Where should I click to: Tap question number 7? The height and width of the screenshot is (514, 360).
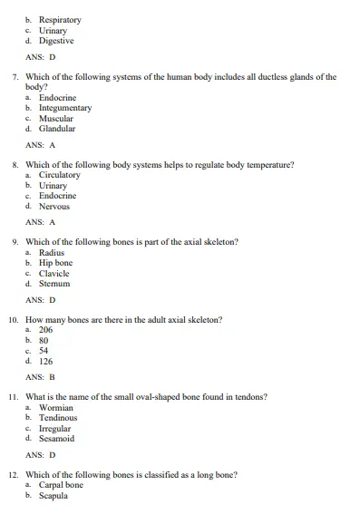click(16, 77)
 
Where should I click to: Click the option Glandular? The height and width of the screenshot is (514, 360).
click(56, 129)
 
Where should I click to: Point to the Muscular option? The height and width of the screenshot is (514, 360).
click(55, 119)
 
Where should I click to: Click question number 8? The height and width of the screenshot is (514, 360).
click(16, 165)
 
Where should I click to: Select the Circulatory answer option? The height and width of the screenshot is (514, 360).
click(59, 175)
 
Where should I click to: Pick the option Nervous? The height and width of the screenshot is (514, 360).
click(54, 206)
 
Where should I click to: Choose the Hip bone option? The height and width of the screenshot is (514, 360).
click(55, 263)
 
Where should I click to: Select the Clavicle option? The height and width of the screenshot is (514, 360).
click(54, 273)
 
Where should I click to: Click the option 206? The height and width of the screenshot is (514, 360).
click(45, 330)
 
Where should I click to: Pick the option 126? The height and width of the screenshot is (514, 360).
click(45, 361)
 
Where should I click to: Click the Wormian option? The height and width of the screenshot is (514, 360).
click(54, 408)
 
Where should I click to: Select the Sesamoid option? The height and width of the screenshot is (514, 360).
click(56, 439)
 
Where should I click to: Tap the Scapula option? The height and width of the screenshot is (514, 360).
click(54, 496)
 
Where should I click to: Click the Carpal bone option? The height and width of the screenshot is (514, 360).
click(61, 486)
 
